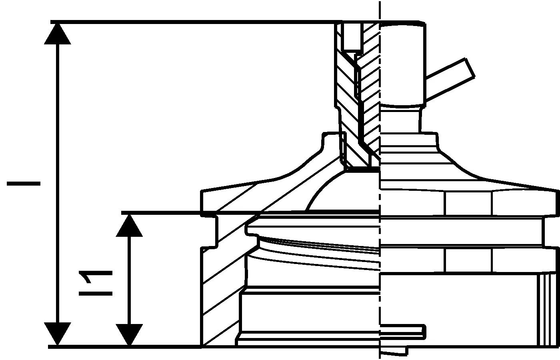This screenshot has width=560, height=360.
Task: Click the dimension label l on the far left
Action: click(24, 183)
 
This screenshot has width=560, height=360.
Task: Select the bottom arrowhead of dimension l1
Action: click(129, 334)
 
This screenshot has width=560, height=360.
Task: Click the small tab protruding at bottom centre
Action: click(404, 330)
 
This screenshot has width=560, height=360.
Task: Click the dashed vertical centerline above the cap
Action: click(380, 10)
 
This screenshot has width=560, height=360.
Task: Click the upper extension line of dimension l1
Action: click(168, 212)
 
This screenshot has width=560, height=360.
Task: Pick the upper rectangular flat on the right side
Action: click(468, 204)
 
